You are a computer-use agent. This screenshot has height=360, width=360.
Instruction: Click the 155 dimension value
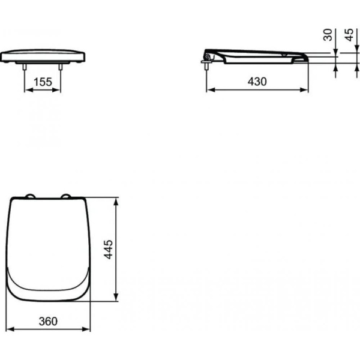pos(43,82)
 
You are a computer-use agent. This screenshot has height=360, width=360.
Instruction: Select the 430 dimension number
pos(257,82)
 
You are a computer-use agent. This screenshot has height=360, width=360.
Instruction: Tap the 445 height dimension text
pos(109,250)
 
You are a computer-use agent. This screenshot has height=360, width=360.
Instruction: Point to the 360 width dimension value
pos(48,322)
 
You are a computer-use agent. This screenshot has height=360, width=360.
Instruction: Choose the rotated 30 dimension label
pos(328,35)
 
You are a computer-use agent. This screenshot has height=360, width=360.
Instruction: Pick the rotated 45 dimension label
pos(349,35)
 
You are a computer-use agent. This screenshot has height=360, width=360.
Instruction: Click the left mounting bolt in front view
pos(25,67)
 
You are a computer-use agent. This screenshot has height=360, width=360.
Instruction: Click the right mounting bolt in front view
pos(61,67)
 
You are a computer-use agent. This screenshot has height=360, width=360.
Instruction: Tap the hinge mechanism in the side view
pos(208,57)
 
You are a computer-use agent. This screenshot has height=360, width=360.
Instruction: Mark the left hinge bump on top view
pos(30,196)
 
